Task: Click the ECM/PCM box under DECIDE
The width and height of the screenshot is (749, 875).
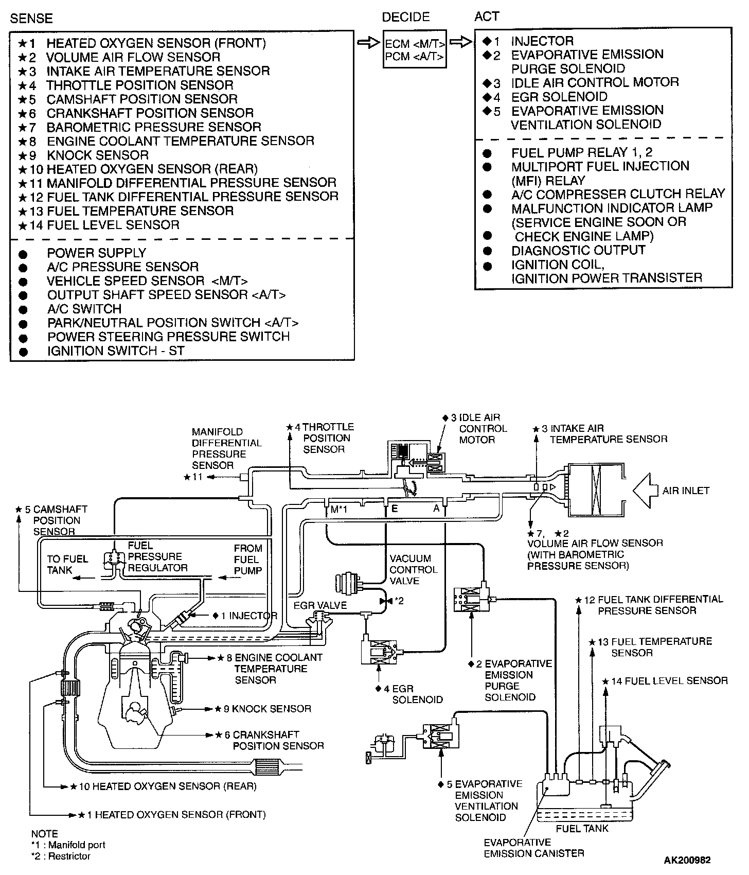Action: [415, 49]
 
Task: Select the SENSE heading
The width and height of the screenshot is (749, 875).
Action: [31, 19]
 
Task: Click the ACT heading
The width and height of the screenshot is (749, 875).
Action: [487, 16]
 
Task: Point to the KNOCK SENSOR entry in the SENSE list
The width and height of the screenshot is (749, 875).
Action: [97, 155]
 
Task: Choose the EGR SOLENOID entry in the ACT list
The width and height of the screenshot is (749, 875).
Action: [559, 97]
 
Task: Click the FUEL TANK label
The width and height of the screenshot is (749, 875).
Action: [582, 828]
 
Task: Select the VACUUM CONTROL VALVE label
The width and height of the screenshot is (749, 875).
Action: [413, 569]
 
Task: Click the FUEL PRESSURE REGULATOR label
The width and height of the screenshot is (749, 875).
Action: [157, 556]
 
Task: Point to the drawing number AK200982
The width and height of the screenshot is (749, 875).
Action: [688, 860]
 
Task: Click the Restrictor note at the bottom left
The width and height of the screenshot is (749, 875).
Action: [61, 856]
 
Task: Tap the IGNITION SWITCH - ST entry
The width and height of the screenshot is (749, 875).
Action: [115, 351]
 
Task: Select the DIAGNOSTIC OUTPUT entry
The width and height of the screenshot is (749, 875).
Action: [578, 250]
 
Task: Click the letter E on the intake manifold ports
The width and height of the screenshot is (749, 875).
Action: [395, 509]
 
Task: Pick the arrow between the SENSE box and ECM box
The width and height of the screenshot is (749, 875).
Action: [368, 42]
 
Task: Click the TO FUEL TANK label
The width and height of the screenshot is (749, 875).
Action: [67, 565]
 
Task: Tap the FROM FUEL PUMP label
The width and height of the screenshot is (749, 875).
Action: [248, 559]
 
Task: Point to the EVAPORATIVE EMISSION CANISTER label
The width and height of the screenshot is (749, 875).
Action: [533, 848]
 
